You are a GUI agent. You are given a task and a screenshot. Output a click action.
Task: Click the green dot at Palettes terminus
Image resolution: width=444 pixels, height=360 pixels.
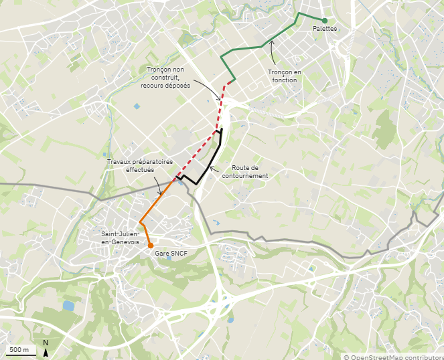324,20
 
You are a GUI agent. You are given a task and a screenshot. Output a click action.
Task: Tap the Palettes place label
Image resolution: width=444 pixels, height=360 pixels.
324,29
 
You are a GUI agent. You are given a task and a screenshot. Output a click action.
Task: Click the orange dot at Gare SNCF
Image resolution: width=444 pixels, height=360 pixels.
151,245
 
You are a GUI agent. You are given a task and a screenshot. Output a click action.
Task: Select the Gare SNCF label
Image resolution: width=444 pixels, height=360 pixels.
171,254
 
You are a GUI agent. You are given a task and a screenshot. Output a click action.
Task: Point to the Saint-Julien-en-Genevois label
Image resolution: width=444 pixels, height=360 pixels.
120,238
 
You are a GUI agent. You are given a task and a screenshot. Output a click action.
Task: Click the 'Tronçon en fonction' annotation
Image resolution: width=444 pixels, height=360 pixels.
282,76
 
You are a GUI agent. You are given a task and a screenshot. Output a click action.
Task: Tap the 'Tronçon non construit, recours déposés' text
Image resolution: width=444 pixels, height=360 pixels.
165,78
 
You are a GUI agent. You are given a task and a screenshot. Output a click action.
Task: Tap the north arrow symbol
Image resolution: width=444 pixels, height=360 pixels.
46,349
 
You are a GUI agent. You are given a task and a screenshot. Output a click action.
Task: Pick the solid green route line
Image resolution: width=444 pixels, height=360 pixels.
261,46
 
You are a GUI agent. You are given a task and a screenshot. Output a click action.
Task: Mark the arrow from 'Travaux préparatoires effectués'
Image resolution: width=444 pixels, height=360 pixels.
163,176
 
